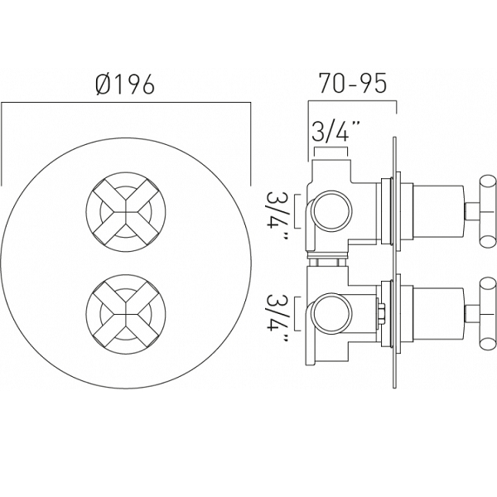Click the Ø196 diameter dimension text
pos(125,84)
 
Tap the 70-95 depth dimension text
pos(353,84)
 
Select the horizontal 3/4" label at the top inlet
pos(331,132)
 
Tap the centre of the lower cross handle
pos(126,314)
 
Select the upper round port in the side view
pos(332,210)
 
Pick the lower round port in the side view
pos(332,313)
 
